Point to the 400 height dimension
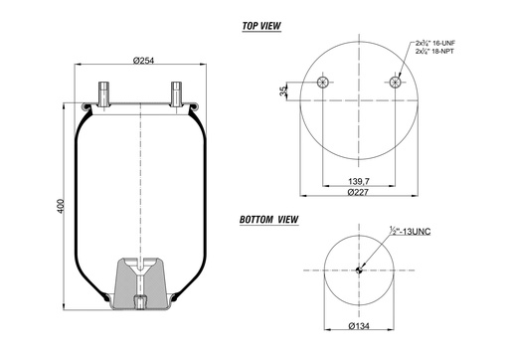tap(61, 205)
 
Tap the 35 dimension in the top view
tap(284, 91)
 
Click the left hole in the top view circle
tap(322, 83)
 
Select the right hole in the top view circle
tap(397, 83)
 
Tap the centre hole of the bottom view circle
tap(359, 270)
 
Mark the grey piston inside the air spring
tap(140, 283)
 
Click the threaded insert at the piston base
tap(140, 300)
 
